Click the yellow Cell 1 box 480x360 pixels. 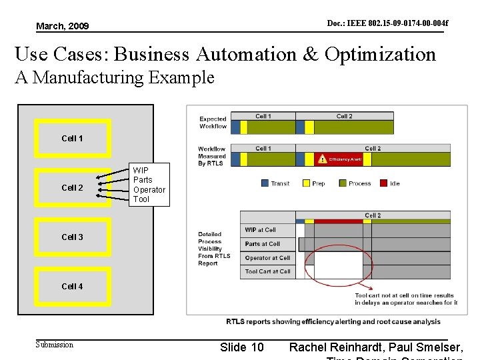[x=73, y=139]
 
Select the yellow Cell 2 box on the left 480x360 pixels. [x=73, y=188]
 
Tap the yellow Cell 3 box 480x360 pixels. [x=73, y=237]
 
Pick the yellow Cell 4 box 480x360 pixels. [x=73, y=287]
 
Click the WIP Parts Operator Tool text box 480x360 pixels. [x=149, y=185]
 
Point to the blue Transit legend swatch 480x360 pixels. [x=265, y=183]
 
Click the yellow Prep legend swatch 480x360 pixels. [x=306, y=183]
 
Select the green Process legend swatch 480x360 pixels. [x=343, y=183]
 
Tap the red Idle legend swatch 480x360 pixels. [x=383, y=183]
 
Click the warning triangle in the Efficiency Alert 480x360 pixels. [x=323, y=159]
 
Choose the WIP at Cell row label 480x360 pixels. [x=260, y=230]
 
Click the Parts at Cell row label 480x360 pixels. [x=262, y=244]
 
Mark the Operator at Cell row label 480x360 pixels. [x=267, y=258]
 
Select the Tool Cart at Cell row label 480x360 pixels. [x=267, y=272]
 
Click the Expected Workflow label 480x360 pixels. [x=213, y=123]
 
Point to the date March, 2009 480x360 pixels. [x=62, y=26]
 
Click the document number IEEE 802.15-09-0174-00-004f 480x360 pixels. [x=387, y=23]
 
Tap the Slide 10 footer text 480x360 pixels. [x=241, y=347]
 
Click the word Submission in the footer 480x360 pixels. [x=55, y=345]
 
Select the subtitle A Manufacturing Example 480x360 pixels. [x=115, y=78]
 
